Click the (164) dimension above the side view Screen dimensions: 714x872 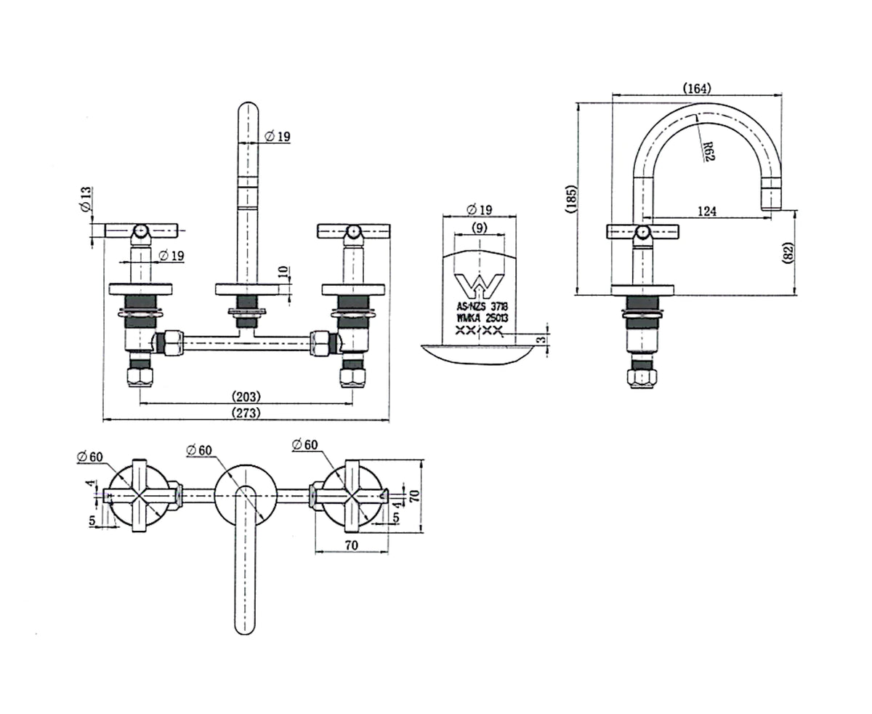(x=697, y=89)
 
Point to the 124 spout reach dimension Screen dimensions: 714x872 (x=706, y=212)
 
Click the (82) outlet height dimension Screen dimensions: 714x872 (x=789, y=253)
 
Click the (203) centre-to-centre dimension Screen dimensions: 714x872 (x=246, y=397)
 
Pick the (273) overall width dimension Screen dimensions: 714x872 (x=246, y=413)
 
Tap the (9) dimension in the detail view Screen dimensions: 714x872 (x=479, y=228)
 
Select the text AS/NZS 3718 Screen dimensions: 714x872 (x=482, y=307)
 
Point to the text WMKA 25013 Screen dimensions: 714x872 (x=482, y=318)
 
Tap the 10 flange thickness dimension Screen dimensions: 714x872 (x=283, y=273)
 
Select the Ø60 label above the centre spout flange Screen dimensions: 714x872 (x=198, y=451)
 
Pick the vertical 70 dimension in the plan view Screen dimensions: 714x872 (x=414, y=496)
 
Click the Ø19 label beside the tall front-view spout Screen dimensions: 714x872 (x=278, y=136)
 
